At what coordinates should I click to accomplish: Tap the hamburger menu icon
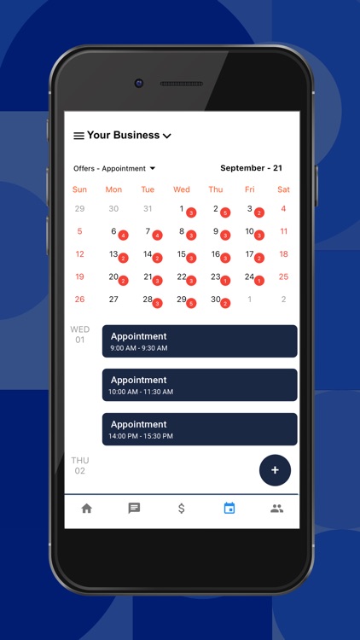(78, 136)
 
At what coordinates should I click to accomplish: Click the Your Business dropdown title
(129, 135)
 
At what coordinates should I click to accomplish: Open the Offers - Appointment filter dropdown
(114, 169)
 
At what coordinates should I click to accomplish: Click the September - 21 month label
(251, 168)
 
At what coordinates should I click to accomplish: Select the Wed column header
(182, 189)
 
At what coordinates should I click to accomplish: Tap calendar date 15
(182, 254)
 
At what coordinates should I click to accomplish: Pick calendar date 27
(113, 300)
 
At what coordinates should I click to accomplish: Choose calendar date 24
(250, 276)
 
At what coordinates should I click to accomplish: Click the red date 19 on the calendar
(79, 276)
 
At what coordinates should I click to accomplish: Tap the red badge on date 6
(123, 236)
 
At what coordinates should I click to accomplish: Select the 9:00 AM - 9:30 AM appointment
(200, 341)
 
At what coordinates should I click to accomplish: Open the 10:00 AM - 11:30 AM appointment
(200, 385)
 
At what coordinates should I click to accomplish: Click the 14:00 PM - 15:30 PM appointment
(200, 429)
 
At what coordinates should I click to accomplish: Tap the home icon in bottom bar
(86, 509)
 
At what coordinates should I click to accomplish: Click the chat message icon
(134, 509)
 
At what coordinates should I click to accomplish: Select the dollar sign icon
(182, 509)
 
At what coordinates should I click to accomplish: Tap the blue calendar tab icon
(229, 509)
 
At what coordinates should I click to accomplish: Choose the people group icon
(276, 509)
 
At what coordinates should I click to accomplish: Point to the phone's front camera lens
(139, 83)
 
